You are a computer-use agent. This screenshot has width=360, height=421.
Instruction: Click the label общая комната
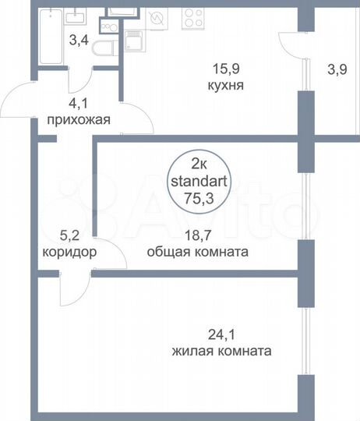[x=197, y=252]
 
